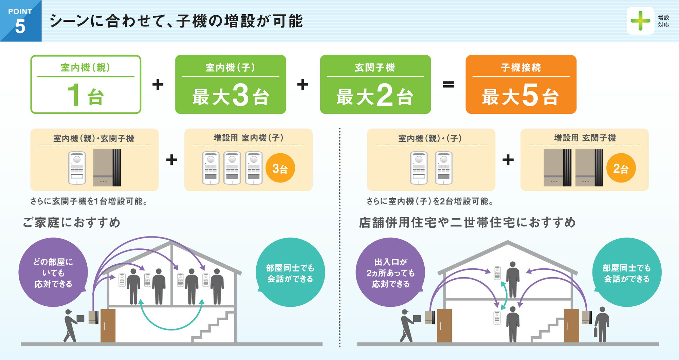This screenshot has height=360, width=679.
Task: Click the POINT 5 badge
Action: click(20, 21)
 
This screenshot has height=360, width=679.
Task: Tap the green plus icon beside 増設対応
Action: click(640, 21)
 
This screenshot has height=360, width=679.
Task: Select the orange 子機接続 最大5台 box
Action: click(521, 84)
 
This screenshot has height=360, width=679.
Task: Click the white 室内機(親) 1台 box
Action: click(86, 84)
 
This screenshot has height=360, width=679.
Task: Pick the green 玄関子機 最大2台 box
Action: click(375, 84)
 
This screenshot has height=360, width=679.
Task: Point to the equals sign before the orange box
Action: click(448, 84)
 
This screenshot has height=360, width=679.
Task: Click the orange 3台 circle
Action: click(280, 168)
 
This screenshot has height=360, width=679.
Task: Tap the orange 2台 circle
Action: click(621, 168)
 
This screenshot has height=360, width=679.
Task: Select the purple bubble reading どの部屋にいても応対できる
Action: click(53, 272)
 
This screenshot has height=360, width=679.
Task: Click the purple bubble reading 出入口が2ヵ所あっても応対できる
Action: click(390, 272)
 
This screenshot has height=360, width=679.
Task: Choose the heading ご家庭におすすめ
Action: click(72, 223)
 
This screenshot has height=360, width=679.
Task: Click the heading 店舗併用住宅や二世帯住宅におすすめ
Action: click(467, 223)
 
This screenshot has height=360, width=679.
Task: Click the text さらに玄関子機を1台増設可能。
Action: click(89, 202)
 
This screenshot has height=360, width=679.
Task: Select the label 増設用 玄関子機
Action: click(585, 138)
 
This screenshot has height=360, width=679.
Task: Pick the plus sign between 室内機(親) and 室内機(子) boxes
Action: click(158, 84)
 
